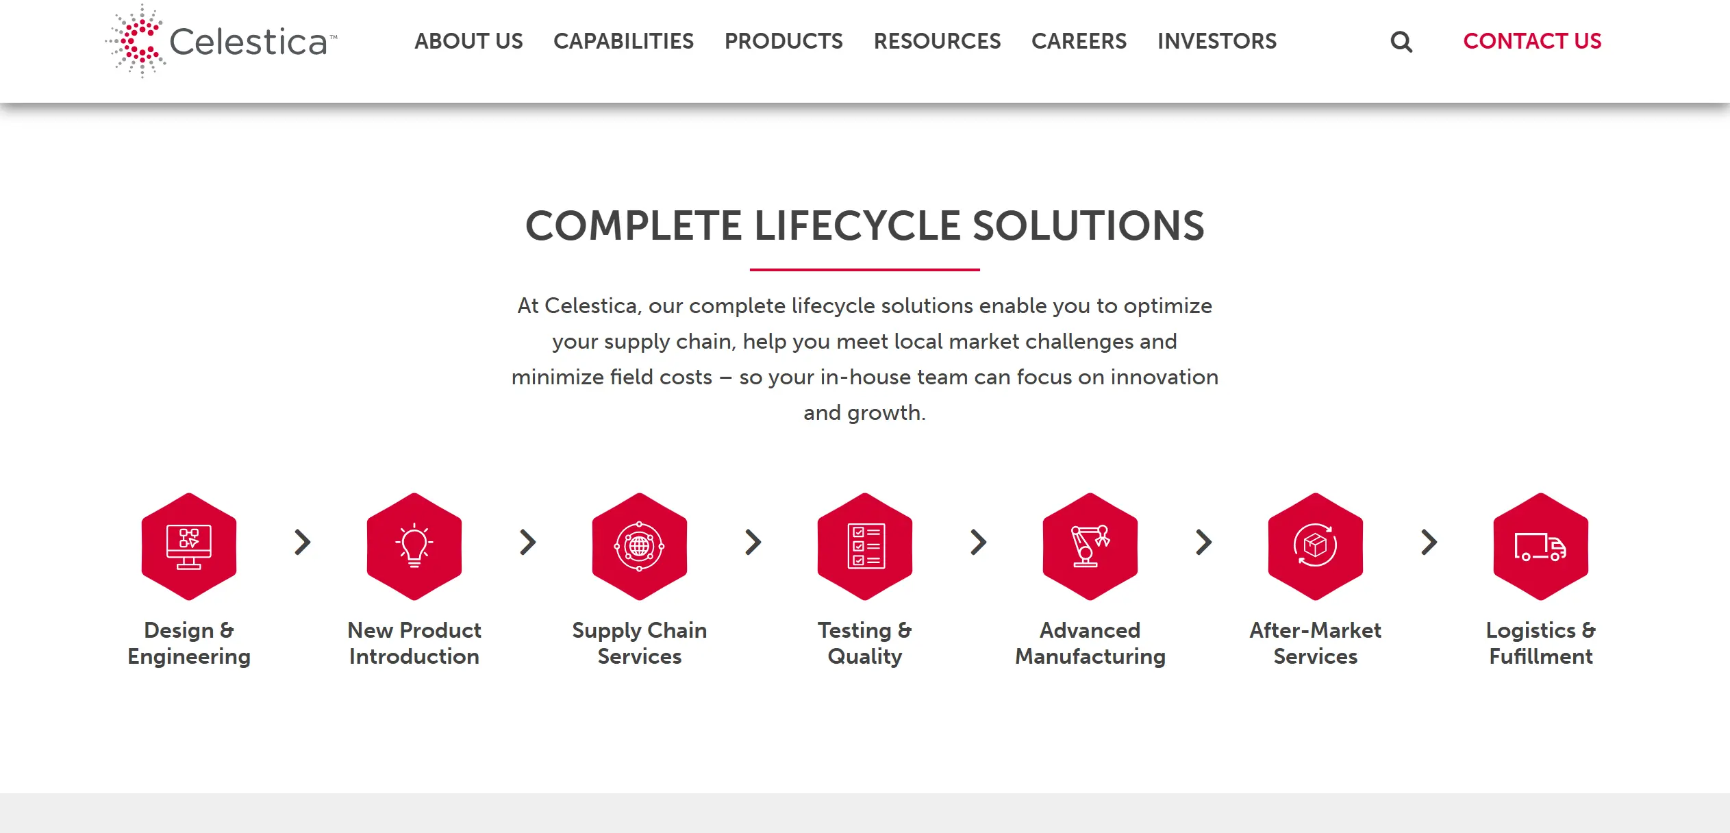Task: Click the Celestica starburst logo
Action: coord(137,41)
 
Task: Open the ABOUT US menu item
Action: coord(468,41)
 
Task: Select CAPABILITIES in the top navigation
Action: coord(623,41)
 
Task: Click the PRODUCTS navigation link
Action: coord(783,41)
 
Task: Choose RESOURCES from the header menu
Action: coord(937,41)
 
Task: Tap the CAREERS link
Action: coord(1079,41)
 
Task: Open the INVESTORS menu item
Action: coord(1217,41)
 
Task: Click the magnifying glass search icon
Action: coord(1401,42)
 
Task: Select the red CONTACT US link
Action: coord(1532,41)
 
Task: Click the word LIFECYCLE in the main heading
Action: coord(857,225)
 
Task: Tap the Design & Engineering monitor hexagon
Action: coord(189,547)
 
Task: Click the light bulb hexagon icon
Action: coord(414,547)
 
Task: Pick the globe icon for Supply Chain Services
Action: coord(640,547)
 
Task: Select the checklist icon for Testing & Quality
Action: coord(865,547)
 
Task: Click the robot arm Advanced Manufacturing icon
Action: coord(1090,547)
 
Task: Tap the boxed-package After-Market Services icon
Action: coord(1316,547)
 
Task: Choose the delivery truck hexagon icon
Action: coord(1541,547)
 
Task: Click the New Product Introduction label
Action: coord(414,643)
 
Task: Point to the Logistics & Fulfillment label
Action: coord(1541,643)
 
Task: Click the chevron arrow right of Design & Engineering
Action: coord(303,542)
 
